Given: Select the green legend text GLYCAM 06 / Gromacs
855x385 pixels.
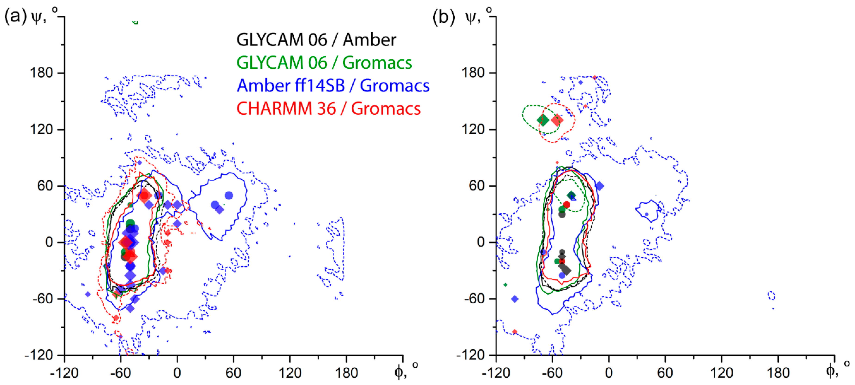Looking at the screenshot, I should coord(324,63).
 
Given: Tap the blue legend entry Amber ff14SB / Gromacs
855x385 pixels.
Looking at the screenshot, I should coord(333,86).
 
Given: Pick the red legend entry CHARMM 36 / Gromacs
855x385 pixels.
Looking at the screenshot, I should coord(328,108).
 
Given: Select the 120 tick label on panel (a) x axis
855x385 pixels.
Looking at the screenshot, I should coord(290,373).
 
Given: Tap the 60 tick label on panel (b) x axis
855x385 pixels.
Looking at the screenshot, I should coord(665,373).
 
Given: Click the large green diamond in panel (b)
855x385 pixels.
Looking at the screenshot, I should coord(543,120).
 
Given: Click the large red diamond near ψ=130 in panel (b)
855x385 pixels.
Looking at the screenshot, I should coord(557,120).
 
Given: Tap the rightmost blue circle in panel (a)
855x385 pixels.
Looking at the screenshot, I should coord(229,196).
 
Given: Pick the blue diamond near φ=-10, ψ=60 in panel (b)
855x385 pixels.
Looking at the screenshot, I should coord(600,186).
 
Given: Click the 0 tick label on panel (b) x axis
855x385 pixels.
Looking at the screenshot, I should coord(609,373).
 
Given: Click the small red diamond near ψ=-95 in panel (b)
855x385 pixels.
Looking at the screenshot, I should coord(515,332).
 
